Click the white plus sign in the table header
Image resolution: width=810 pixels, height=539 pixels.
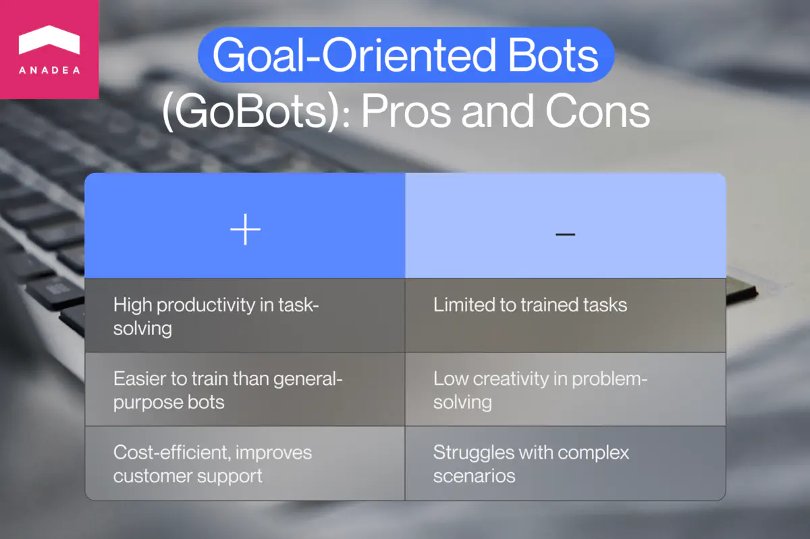click(245, 231)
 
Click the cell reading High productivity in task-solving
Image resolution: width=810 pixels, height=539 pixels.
click(245, 316)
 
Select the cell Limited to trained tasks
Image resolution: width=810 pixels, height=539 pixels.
click(565, 316)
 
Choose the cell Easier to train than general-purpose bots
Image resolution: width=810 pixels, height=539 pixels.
click(245, 390)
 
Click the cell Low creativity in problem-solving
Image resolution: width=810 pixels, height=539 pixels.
click(565, 390)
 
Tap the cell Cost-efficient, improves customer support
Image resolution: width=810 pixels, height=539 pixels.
click(245, 463)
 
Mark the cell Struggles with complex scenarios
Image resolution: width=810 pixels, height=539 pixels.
click(565, 463)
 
